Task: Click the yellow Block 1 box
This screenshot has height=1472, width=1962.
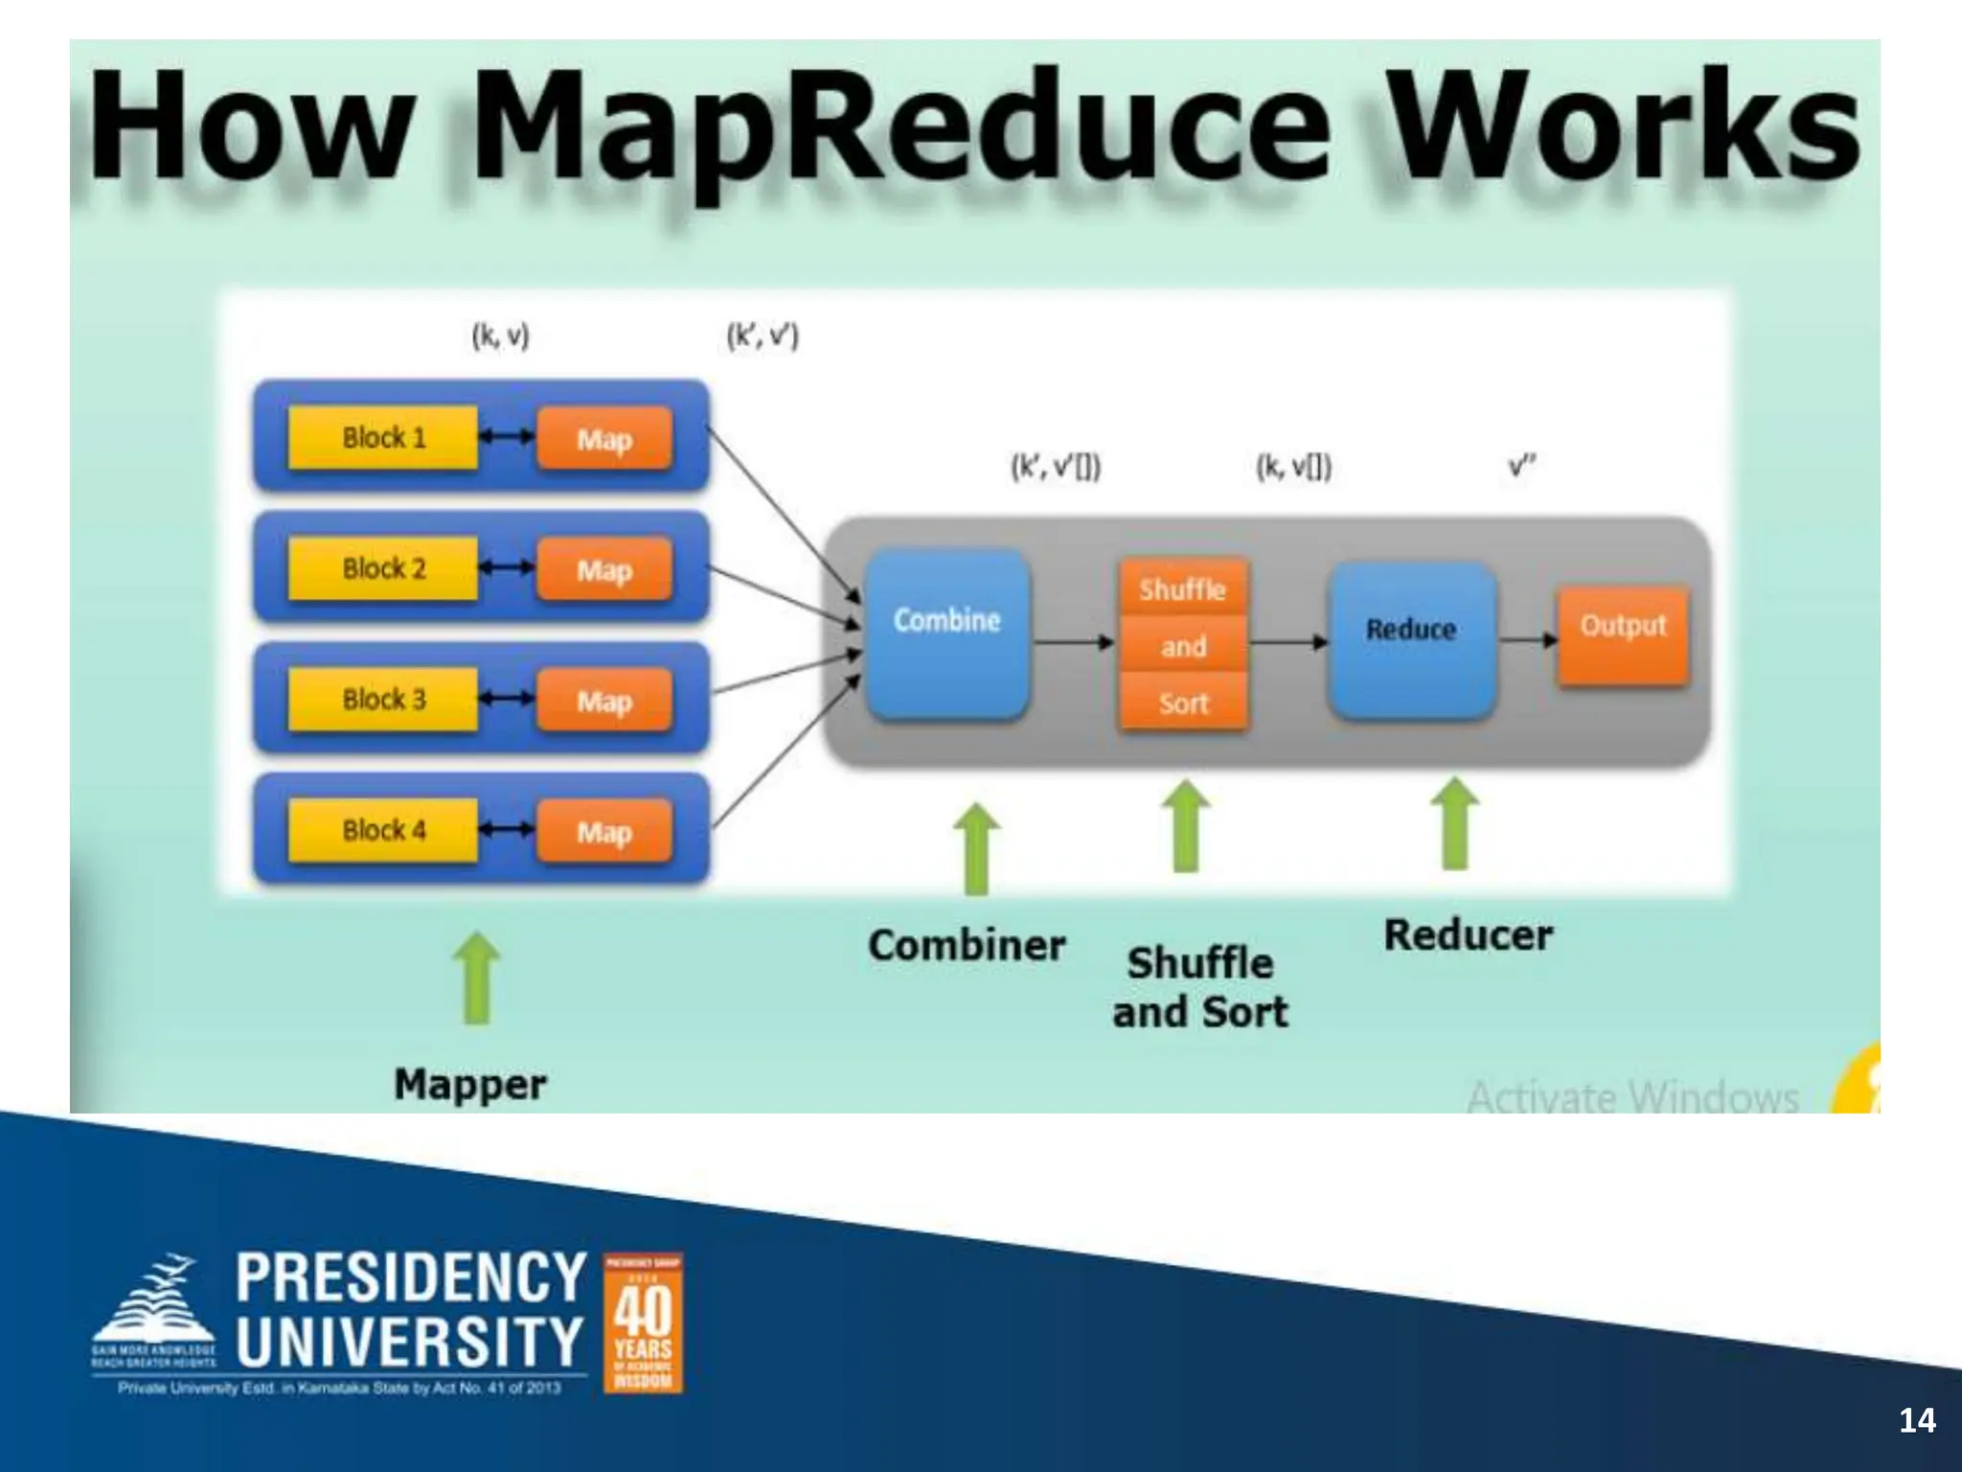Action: [382, 438]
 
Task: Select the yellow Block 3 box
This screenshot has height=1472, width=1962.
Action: [382, 700]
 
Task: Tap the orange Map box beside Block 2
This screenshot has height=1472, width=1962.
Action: [604, 571]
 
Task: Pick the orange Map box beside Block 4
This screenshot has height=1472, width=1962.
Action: [604, 832]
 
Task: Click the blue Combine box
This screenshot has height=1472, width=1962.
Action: [947, 632]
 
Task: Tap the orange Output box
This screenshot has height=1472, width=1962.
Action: [1623, 634]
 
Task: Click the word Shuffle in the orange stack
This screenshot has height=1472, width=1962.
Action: [1183, 588]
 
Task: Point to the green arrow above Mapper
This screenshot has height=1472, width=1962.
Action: [476, 977]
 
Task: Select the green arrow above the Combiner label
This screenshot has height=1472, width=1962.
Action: [976, 847]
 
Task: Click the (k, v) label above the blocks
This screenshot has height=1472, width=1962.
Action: [500, 336]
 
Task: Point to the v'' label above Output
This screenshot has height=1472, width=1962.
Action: [1521, 467]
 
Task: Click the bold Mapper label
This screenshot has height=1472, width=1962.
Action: [469, 1085]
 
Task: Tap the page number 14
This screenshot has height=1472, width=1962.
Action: [1917, 1420]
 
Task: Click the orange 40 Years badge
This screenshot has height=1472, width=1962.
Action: [643, 1322]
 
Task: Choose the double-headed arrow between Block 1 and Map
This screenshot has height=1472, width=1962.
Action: [506, 437]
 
